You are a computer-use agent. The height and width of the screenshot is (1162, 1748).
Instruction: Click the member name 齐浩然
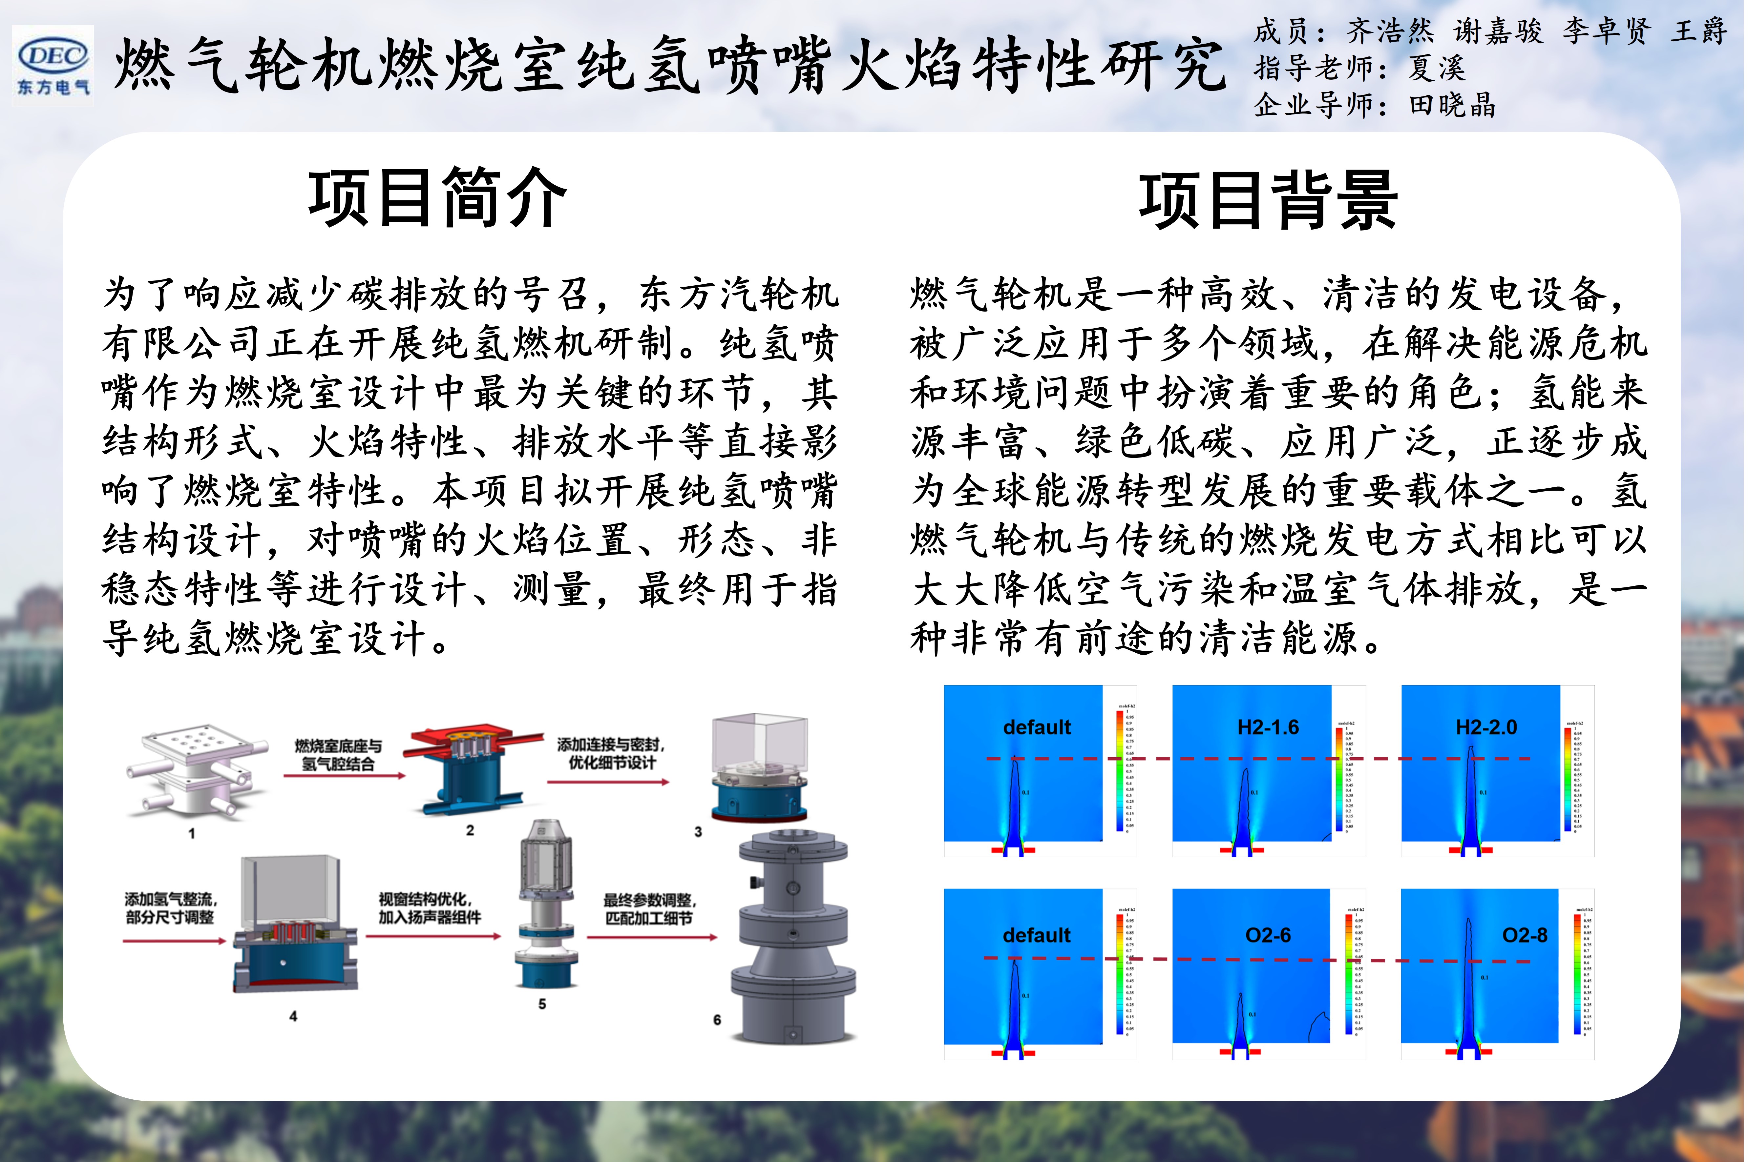[1390, 31]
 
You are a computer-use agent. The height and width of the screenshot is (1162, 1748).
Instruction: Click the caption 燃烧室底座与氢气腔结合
[338, 754]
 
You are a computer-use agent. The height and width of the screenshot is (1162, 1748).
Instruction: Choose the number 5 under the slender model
[542, 1004]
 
